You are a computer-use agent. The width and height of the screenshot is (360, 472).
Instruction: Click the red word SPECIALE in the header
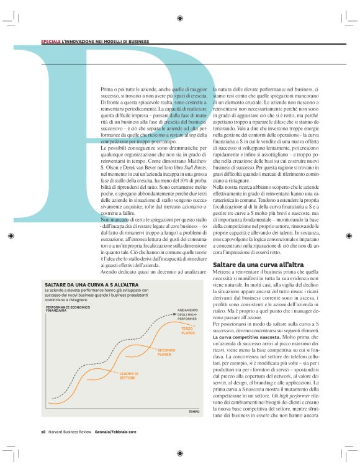(x=50, y=42)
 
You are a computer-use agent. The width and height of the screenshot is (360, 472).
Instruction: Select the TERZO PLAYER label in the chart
(x=187, y=332)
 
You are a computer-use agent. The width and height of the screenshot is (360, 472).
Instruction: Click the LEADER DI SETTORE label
(x=127, y=375)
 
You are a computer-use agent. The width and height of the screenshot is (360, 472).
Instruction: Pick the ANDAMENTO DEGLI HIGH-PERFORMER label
(x=187, y=314)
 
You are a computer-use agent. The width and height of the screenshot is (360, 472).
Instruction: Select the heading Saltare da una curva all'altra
(x=250, y=264)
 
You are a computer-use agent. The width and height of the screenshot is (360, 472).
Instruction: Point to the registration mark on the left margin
(x=11, y=236)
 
